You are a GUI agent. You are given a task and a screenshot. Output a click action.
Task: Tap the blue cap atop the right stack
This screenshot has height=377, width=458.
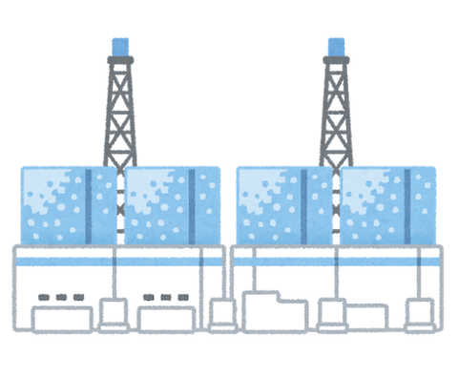[336, 43]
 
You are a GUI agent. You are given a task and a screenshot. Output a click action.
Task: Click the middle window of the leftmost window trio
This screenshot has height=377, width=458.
[63, 297]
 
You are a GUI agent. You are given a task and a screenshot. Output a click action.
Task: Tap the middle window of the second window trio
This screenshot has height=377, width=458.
[166, 297]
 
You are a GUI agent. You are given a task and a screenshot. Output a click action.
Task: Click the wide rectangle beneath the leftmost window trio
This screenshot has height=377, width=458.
[63, 319]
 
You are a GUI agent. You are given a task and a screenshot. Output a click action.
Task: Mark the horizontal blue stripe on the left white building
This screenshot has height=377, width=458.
[114, 259]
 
